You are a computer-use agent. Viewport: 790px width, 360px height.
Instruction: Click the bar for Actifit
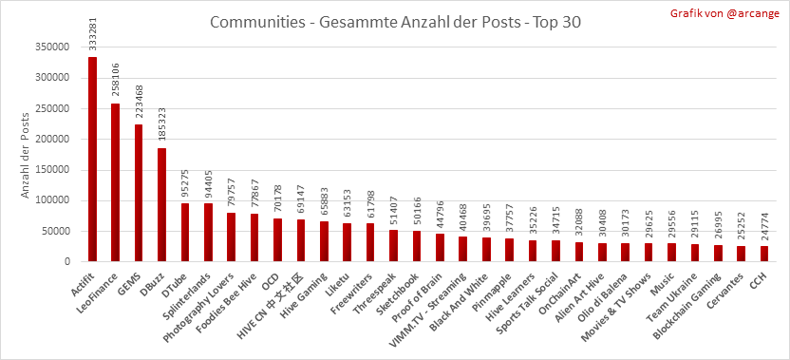pos(92,160)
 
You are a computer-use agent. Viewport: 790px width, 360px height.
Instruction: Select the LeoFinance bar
pos(116,182)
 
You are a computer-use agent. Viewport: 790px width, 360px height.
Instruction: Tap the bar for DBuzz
pos(161,205)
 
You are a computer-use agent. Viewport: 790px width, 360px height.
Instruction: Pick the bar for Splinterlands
pos(208,233)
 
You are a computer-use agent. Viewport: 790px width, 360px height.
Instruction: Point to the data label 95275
pos(185,183)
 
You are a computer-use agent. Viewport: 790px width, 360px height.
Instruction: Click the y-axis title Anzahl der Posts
pos(26,154)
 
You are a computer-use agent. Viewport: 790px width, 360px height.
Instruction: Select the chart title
pos(395,23)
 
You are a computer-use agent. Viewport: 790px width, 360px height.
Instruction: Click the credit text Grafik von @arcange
pos(724,13)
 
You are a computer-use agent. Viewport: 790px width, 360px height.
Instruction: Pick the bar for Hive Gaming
pos(324,241)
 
